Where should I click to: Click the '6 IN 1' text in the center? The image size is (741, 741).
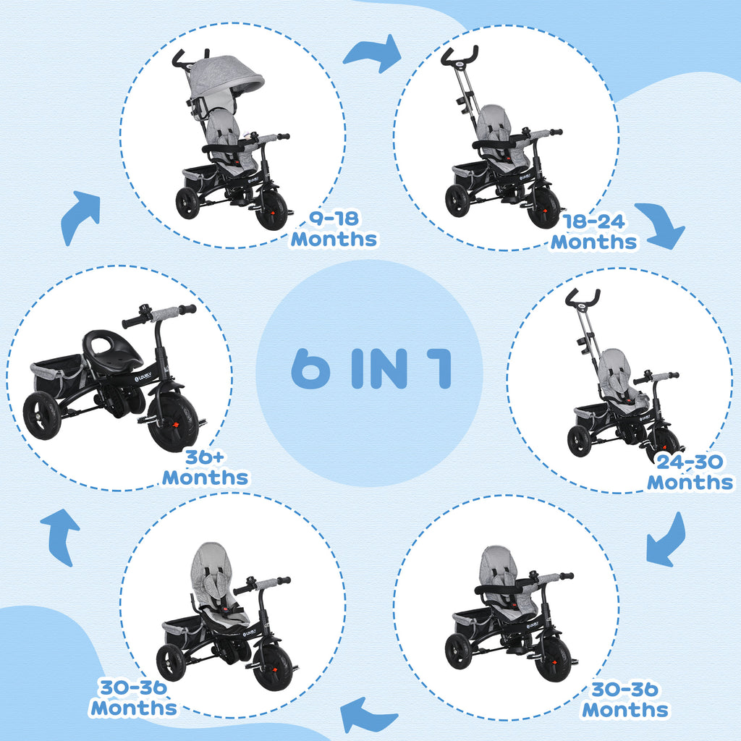(370, 369)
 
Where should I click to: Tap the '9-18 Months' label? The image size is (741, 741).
(334, 229)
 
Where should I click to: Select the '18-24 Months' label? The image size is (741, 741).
(594, 232)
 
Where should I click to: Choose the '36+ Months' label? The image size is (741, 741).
(205, 467)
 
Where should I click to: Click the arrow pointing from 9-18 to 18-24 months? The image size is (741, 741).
(372, 52)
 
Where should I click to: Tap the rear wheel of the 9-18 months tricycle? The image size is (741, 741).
(187, 203)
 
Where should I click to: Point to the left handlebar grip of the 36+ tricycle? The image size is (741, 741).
(134, 321)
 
